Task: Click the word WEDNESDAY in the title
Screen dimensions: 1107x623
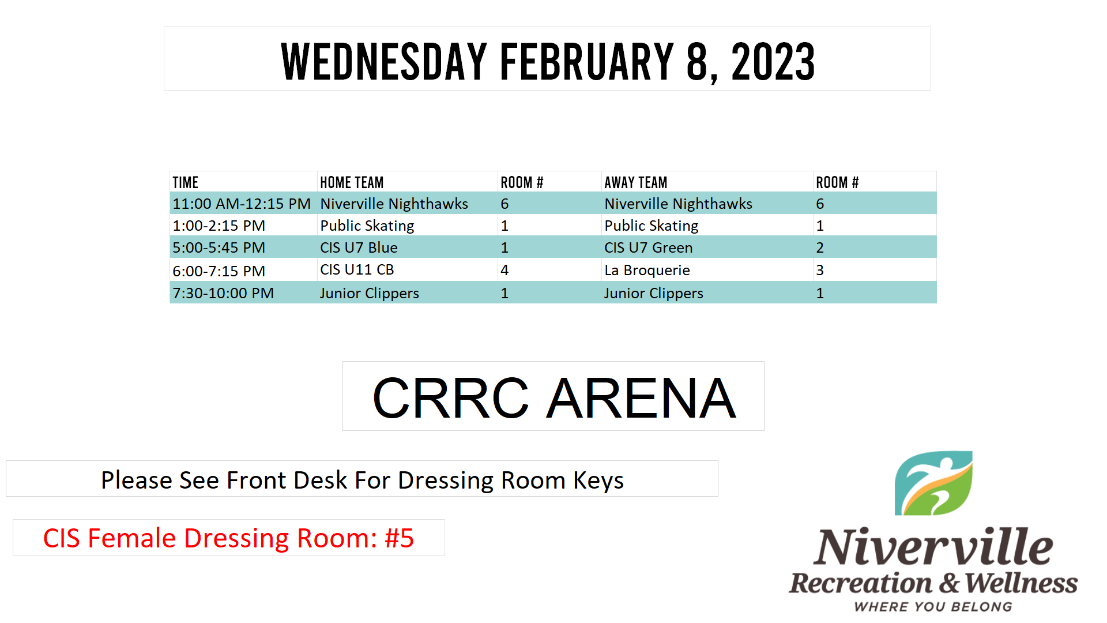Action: tap(384, 61)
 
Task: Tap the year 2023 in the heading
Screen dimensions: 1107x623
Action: tap(773, 61)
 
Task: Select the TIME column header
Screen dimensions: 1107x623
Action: tap(186, 182)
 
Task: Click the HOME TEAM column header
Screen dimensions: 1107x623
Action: tap(352, 182)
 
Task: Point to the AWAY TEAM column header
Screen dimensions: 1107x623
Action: tap(635, 182)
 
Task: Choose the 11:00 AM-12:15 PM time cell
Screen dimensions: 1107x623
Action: tap(242, 204)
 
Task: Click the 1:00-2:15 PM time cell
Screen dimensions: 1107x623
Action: tap(219, 226)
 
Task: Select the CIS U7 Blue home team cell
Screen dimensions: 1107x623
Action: tap(359, 247)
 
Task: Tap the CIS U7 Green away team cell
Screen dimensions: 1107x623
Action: tap(649, 247)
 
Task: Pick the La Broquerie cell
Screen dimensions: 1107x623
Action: tap(647, 270)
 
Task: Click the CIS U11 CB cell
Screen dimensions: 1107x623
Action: tap(357, 269)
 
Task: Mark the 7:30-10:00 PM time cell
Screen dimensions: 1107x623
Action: tap(223, 293)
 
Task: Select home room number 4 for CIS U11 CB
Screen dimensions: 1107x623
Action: tap(504, 270)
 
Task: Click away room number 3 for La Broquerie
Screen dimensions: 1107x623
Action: tap(820, 270)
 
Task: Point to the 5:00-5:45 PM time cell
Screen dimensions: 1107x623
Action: tap(219, 247)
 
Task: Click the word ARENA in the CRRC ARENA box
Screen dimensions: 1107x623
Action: tap(641, 397)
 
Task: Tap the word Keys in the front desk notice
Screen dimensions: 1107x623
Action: tap(598, 481)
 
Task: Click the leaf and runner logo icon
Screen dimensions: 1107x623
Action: tap(933, 483)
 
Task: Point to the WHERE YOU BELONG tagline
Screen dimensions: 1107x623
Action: tap(933, 607)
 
